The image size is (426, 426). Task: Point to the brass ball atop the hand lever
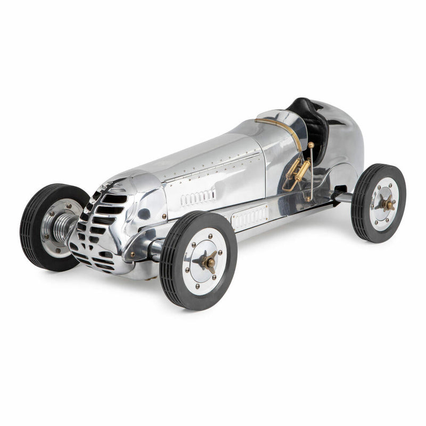310,145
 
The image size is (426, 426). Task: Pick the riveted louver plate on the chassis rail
250,217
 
